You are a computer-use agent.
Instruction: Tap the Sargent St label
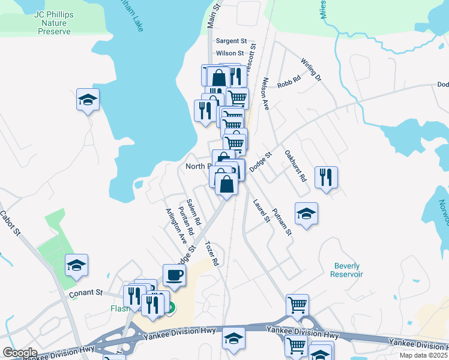click(231, 41)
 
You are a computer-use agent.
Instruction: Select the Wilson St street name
click(231, 53)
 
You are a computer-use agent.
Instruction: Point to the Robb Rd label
click(289, 85)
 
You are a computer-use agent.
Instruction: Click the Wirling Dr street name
click(312, 70)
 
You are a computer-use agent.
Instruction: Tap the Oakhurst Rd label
click(295, 166)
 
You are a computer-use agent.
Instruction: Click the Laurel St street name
click(262, 211)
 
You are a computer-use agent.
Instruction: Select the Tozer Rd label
click(211, 254)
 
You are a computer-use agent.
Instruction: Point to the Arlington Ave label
click(176, 226)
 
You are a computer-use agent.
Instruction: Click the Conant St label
click(86, 293)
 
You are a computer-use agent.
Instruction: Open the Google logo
click(19, 353)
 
